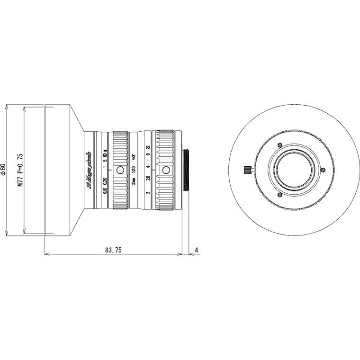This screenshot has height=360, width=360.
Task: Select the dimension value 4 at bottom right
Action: pos(196,250)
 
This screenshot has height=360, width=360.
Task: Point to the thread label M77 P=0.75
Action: pos(20,170)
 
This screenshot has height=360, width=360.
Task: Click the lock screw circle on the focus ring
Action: pos(120,170)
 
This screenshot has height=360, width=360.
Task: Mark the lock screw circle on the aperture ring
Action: pos(166,170)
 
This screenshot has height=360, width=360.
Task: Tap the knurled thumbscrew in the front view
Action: pos(247,170)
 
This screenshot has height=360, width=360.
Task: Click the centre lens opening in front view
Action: pos(294,170)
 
